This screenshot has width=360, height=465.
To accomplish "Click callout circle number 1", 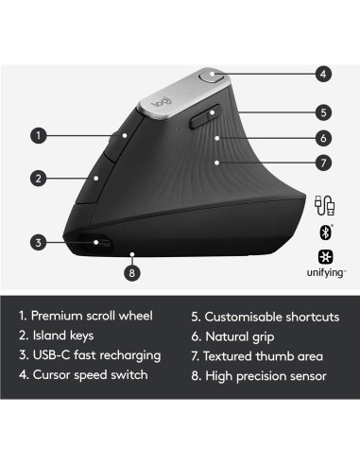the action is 39,135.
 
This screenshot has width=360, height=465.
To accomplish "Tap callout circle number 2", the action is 39,177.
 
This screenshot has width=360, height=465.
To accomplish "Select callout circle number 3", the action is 39,242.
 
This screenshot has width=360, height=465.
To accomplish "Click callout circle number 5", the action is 323,111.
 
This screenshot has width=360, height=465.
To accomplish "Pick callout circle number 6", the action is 323,137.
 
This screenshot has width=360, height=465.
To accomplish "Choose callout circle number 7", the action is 323,164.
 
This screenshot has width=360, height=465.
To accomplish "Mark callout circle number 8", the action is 131,275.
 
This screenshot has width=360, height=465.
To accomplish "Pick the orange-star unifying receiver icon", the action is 323,257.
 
